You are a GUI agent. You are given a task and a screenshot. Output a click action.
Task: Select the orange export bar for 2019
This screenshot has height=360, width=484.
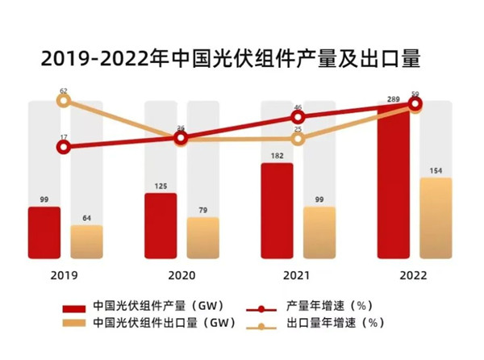click(x=86, y=241)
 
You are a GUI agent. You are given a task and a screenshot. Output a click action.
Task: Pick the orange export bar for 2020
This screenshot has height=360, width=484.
click(x=202, y=237)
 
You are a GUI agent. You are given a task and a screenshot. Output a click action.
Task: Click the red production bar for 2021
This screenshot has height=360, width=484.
click(x=277, y=211)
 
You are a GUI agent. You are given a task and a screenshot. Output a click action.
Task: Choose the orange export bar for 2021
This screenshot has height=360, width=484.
click(x=319, y=232)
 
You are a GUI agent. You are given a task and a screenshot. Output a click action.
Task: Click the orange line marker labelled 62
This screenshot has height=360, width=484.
click(x=65, y=101)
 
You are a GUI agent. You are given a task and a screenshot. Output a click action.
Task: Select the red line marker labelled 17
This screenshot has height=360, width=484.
click(x=65, y=147)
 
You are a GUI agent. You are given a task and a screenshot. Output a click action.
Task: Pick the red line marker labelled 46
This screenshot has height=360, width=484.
click(x=298, y=118)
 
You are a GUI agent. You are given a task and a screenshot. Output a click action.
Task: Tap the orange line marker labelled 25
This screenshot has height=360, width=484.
click(x=298, y=139)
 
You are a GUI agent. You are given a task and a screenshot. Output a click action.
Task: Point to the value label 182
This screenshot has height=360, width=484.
click(x=277, y=156)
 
